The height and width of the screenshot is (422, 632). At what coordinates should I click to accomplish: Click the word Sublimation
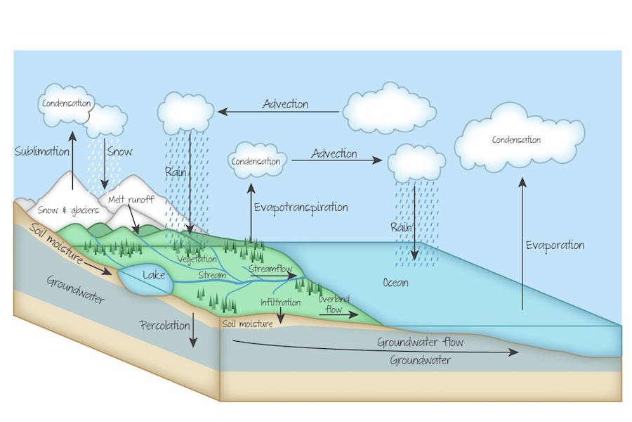(41, 151)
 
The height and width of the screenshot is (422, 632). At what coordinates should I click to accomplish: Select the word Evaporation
(555, 245)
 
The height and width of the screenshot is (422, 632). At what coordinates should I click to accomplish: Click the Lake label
(153, 276)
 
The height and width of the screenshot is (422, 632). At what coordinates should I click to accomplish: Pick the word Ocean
(395, 283)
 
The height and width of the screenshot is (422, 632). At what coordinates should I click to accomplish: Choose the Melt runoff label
(131, 200)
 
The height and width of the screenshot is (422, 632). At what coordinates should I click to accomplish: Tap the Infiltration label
(281, 302)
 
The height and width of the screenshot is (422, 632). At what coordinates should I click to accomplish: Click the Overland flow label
(334, 304)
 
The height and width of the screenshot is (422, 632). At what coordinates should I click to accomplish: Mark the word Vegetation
(197, 258)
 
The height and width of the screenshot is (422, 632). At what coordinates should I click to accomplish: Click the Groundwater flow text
(420, 343)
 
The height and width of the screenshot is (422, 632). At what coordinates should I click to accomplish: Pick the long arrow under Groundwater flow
(376, 347)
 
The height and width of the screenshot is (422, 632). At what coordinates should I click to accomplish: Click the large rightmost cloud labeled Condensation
(519, 139)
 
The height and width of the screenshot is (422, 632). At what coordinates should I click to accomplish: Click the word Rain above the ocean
(401, 228)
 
